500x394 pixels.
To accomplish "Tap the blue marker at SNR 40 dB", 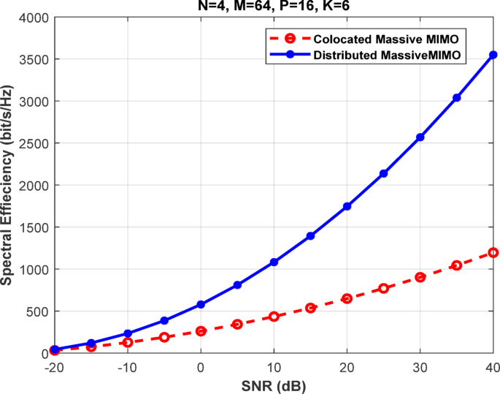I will tap(493, 55).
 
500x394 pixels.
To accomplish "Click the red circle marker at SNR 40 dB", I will tap(493, 252).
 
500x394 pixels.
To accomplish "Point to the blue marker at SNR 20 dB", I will tap(347, 206).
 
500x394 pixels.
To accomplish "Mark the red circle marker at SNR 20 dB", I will tap(347, 298).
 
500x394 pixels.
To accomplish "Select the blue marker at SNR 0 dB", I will tap(201, 304).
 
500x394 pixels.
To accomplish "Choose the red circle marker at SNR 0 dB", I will tap(201, 331).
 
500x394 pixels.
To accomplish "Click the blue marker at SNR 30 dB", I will tap(420, 137).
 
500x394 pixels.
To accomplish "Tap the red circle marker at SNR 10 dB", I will tap(274, 317).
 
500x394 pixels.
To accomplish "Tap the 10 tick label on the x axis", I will tap(274, 365).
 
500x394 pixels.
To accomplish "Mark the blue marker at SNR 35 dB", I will tap(457, 97).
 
